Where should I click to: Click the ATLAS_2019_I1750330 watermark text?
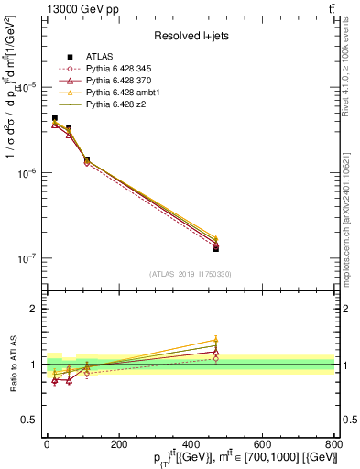(190, 274)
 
